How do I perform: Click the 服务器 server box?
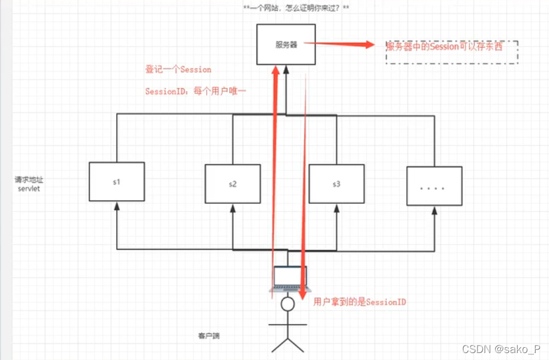[x=286, y=44]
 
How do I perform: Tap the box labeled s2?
[x=232, y=184]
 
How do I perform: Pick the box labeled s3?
[x=336, y=184]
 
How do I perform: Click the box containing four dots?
[x=434, y=186]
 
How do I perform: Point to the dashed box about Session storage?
[x=452, y=51]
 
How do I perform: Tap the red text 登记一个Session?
[x=178, y=70]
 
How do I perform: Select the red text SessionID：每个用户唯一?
[x=196, y=92]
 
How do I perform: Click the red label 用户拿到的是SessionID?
[x=359, y=302]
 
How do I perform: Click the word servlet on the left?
[x=28, y=189]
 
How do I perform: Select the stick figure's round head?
[x=287, y=304]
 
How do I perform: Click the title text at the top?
[x=296, y=8]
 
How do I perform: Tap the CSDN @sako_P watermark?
[x=501, y=348]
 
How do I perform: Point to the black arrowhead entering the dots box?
[x=434, y=210]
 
